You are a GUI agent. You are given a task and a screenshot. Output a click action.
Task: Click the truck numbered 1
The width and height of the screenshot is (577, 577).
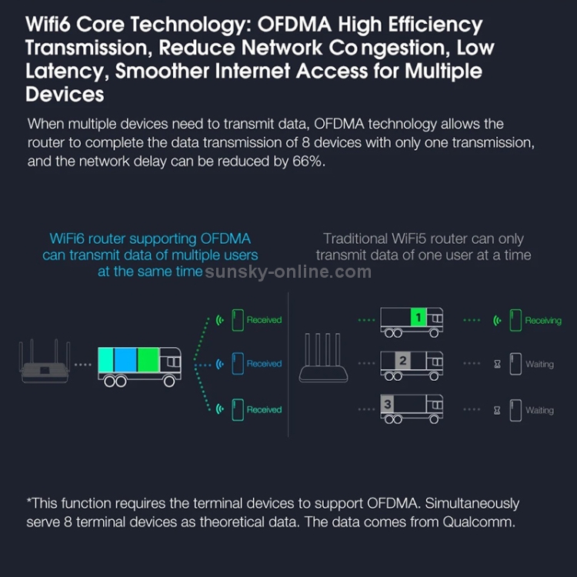(x=412, y=321)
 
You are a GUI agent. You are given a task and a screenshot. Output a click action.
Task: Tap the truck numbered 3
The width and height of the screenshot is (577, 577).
(x=412, y=407)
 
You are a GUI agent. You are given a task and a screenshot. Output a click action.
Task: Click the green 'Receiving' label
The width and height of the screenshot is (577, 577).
(x=543, y=321)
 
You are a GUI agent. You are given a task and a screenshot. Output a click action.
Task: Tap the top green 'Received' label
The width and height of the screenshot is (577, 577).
(x=264, y=319)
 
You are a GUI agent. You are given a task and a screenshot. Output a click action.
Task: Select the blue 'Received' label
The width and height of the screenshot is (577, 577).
(x=264, y=364)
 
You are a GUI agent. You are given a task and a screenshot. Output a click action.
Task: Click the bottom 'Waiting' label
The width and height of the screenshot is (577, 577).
(x=539, y=410)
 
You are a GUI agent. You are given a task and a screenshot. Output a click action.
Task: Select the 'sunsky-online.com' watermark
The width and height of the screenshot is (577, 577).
(x=288, y=272)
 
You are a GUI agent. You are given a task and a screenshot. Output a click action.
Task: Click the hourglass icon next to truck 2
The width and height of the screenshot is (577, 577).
(x=497, y=365)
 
